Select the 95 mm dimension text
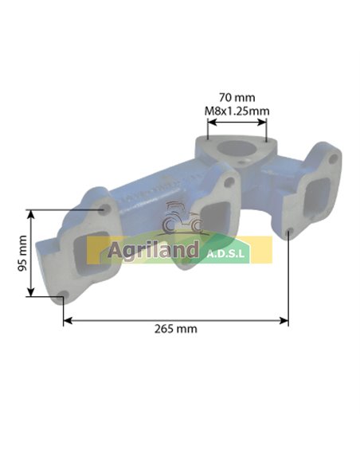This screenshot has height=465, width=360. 22,254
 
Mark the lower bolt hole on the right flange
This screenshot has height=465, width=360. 288,232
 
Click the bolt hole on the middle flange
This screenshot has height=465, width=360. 229,184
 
